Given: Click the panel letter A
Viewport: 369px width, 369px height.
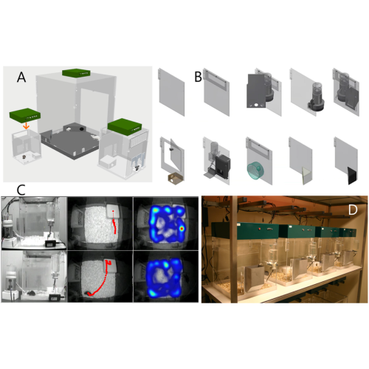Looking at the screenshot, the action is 21,77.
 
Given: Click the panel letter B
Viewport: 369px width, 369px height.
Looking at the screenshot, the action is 199,77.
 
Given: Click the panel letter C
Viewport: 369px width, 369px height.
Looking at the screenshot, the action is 21,190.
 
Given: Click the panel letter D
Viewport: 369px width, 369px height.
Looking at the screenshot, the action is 353,210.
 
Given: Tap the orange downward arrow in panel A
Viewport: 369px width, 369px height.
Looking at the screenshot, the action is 26,126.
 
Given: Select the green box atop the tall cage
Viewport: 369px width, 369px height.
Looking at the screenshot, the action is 76,73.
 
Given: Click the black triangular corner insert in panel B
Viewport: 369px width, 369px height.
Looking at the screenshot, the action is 352,176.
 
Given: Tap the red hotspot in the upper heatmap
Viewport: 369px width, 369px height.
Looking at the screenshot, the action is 182,229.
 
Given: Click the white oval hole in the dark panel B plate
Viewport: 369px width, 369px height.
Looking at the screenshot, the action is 256,105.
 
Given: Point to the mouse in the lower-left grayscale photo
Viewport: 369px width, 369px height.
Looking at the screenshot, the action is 31,293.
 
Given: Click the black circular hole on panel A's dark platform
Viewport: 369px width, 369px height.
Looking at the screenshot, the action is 81,128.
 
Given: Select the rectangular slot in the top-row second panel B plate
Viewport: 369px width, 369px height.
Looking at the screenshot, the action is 216,80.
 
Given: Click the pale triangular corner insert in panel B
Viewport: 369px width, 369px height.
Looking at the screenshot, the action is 306,176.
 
